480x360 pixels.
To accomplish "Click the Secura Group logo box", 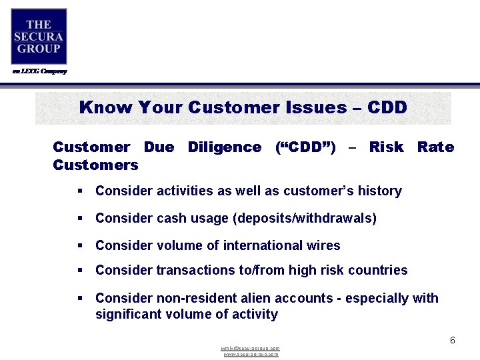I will point(39,37).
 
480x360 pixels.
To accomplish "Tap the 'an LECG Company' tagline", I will point(39,71).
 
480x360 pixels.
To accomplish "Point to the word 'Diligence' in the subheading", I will point(225,147).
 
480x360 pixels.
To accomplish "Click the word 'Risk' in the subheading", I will point(386,147).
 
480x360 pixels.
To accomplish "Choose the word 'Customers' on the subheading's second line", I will point(95,165).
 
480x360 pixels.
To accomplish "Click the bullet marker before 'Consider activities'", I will point(79,191).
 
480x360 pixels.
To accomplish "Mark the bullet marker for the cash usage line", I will point(79,219).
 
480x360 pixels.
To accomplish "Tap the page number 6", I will point(452,341).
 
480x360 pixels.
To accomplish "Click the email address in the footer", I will point(251,348).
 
